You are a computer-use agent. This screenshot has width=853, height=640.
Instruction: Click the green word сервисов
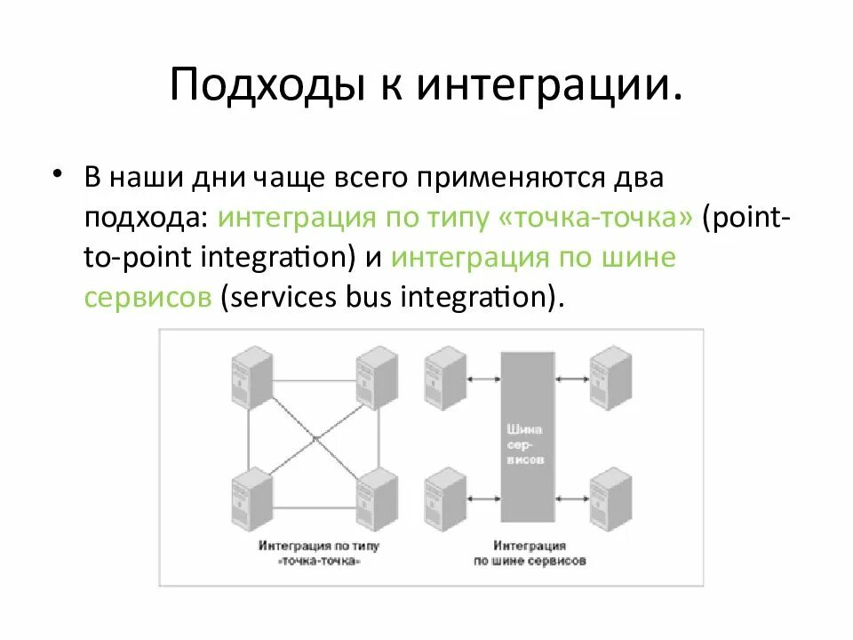coord(147,298)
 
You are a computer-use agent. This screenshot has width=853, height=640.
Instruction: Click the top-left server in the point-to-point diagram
coord(250,377)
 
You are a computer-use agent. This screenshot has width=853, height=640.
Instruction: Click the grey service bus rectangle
coord(526,436)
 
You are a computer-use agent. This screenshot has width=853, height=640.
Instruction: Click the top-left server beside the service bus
coord(444,377)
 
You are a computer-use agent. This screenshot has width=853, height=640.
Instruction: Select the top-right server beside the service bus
coord(611,377)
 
